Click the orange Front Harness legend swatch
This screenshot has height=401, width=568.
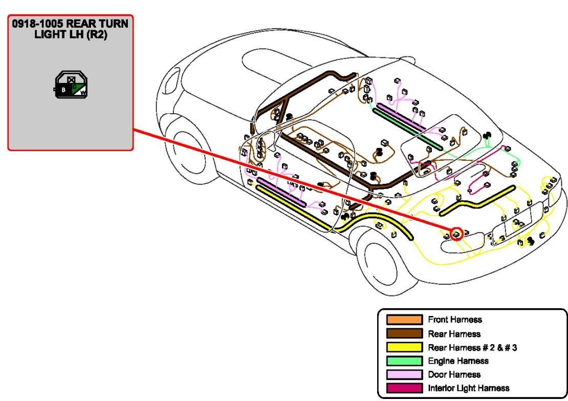coord(404,320)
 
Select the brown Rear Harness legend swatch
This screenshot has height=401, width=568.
coord(404,334)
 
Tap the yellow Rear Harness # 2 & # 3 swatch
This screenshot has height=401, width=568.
coord(404,348)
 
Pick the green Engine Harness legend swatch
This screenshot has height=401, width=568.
coord(404,361)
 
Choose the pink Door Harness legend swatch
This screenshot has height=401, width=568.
coord(404,375)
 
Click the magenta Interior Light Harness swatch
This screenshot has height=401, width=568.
coord(404,388)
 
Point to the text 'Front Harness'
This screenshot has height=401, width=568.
coord(454,320)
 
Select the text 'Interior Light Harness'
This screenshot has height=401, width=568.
coord(468,388)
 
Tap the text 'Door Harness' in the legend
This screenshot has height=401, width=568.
coord(454,375)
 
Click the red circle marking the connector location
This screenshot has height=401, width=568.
coord(456,234)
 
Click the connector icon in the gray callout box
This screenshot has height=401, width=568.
coord(71,86)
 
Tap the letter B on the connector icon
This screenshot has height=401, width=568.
coord(63,90)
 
